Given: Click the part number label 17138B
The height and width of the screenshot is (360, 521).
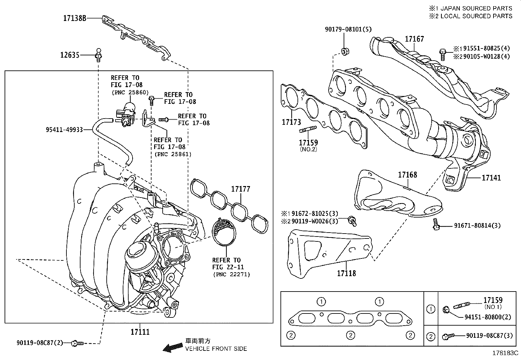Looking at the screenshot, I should pos(75,18).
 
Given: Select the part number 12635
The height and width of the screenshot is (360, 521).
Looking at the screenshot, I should pos(70,55).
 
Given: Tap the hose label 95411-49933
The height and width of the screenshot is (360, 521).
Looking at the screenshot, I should pos(64,130).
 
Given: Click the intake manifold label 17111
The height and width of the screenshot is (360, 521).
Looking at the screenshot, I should pos(140,332).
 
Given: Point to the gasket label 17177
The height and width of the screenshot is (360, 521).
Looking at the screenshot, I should pos(241,189).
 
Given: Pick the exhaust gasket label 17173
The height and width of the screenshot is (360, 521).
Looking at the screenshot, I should pos(291,122).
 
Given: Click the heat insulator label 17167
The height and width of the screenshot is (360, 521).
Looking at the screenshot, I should pos(414,39).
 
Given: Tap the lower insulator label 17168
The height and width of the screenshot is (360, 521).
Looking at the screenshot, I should pos(407,175).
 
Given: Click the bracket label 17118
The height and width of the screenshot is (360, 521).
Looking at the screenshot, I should pos(347,273).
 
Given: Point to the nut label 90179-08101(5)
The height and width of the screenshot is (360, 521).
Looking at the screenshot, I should pos(348,29).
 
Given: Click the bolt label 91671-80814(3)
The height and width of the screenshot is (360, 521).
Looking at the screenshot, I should pos(477,226).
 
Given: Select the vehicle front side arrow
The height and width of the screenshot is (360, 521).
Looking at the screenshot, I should pos(173,348).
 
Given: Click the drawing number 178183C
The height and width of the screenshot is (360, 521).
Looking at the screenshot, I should pos(506,353).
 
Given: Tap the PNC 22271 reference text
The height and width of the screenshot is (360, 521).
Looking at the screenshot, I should pos(231,275).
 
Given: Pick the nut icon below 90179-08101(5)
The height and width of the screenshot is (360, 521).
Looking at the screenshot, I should pos(344,51).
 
